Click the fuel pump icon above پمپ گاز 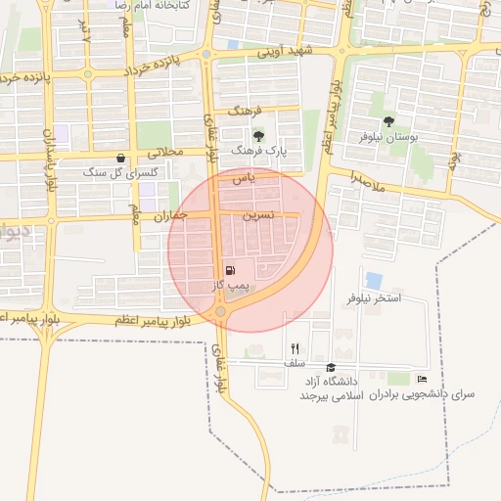click(x=230, y=271)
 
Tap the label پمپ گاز click(x=232, y=286)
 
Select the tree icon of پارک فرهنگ click(x=258, y=136)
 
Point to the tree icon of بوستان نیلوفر click(x=388, y=122)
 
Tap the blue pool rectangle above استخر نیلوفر click(x=374, y=281)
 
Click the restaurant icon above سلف click(x=295, y=348)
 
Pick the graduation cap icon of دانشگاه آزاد click(x=330, y=367)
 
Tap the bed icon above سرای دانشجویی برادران click(x=422, y=379)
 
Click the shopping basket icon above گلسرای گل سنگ click(x=120, y=158)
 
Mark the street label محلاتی click(x=165, y=153)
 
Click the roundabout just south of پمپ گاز click(x=221, y=312)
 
